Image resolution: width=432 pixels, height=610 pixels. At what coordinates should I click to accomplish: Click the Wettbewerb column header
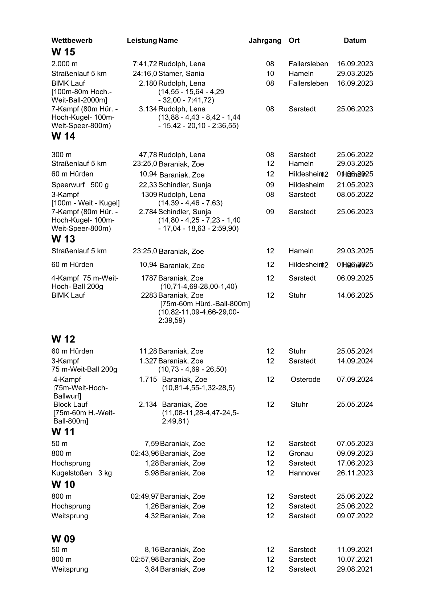click(x=72, y=41)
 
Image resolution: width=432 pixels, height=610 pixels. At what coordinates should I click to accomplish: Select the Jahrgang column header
click(x=265, y=41)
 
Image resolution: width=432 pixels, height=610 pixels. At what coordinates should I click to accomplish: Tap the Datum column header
click(x=355, y=41)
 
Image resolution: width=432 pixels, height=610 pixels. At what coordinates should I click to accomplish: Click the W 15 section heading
click(x=63, y=52)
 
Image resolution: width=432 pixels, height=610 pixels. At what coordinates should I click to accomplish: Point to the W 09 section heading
click(x=63, y=539)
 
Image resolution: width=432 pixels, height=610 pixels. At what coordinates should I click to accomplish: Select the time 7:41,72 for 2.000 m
click(x=145, y=64)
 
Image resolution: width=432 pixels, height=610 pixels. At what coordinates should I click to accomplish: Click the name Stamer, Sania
click(x=181, y=74)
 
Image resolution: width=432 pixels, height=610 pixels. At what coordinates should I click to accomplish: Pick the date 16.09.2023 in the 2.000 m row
click(x=355, y=64)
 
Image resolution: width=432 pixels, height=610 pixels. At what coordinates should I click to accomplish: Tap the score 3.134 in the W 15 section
click(x=148, y=109)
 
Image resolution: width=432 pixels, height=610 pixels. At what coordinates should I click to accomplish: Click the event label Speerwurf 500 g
click(x=80, y=185)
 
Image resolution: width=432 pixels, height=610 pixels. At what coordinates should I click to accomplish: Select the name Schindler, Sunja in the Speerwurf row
click(x=184, y=185)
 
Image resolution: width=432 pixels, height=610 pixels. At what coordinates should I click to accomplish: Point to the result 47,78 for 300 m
click(x=148, y=155)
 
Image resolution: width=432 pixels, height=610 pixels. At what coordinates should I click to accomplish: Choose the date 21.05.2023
click(x=355, y=185)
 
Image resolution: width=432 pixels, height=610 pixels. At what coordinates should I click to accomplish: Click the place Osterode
click(x=305, y=379)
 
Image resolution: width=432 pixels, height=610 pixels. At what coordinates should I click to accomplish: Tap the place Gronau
click(x=301, y=453)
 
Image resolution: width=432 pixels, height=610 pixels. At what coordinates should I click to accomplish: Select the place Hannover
click(x=304, y=473)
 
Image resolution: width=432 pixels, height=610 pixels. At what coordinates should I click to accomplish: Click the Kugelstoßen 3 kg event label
click(x=82, y=473)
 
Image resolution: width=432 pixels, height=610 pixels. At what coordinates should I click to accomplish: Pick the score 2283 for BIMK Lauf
click(x=149, y=295)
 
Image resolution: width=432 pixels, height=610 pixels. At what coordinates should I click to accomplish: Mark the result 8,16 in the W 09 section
click(x=152, y=550)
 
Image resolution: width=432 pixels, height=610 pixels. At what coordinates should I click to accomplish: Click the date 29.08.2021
click(x=355, y=569)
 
